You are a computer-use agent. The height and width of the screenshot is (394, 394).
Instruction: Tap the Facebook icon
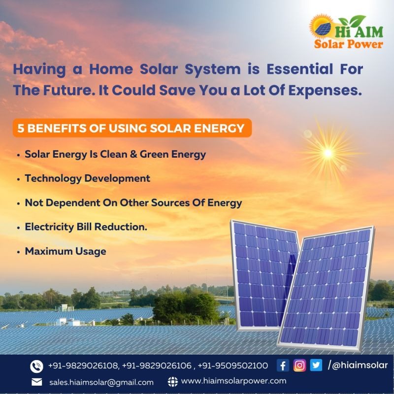coord(283,365)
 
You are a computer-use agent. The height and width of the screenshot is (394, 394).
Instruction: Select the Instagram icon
coord(299,365)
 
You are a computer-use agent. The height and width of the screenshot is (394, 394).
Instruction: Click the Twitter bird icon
coord(316,365)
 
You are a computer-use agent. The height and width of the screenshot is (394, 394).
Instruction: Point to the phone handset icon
coord(36,366)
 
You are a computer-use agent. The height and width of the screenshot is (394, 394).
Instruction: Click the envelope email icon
coord(36,382)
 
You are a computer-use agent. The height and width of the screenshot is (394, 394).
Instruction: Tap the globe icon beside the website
coord(172,381)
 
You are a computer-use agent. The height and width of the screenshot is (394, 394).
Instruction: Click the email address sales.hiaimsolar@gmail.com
coord(101,382)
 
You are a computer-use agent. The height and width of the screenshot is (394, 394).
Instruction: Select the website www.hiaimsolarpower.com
coord(233,381)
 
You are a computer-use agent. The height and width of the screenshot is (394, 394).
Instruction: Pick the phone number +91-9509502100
coord(233,365)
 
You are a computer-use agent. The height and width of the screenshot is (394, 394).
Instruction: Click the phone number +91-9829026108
coord(83,365)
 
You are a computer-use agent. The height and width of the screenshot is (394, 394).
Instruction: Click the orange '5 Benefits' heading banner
coord(131,129)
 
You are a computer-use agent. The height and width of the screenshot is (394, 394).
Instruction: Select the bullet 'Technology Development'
coord(88,178)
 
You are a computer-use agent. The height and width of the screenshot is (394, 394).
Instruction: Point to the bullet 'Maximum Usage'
coord(66,251)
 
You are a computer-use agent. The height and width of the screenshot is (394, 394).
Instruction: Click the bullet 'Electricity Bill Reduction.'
coord(86,227)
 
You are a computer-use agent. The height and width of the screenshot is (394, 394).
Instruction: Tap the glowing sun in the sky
coord(328,153)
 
